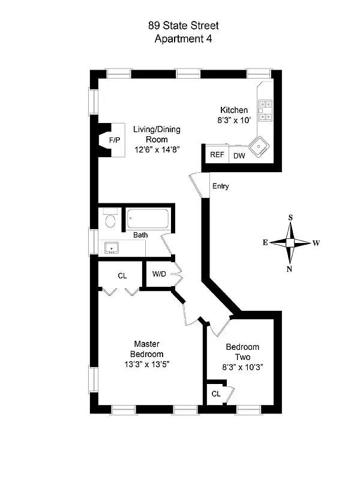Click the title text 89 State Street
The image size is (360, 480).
[x=184, y=25]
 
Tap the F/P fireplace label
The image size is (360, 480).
[x=114, y=140]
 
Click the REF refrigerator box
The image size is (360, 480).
[x=216, y=155]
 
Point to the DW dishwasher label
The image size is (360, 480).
[x=239, y=155]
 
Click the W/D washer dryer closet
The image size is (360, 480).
[x=160, y=275]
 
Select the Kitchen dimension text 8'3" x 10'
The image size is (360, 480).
[x=234, y=120]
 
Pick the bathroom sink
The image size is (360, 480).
[x=110, y=247]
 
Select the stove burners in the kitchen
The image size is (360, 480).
[x=265, y=110]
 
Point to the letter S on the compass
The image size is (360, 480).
[x=290, y=218]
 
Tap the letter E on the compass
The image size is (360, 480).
[x=264, y=243]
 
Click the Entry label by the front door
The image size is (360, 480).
[x=220, y=186]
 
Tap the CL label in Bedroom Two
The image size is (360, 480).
[x=216, y=394]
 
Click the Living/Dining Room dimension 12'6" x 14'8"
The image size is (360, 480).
[x=157, y=149]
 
